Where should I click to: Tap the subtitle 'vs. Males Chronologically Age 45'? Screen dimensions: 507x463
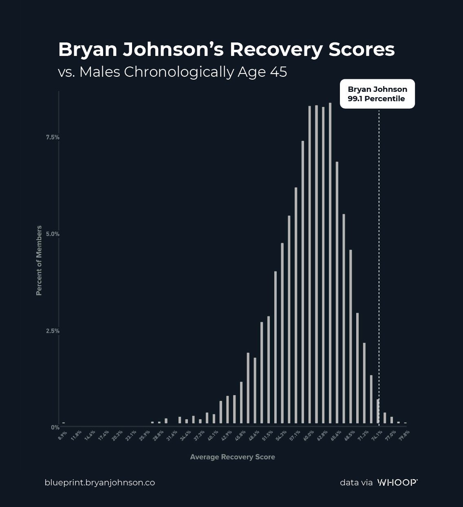[172, 72]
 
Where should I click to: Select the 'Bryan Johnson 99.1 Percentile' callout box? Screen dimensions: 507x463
[377, 94]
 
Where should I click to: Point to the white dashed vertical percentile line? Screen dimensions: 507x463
[379, 245]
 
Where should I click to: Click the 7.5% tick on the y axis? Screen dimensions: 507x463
[53, 137]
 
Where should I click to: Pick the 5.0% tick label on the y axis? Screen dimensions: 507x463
[53, 234]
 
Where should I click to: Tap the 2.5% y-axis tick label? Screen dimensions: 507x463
[53, 331]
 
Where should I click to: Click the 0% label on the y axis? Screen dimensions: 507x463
[55, 427]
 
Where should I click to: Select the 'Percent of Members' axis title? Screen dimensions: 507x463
[39, 260]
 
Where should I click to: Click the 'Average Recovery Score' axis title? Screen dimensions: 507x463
[232, 457]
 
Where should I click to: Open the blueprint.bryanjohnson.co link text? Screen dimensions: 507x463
[99, 483]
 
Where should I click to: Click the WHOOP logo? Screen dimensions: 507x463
[397, 483]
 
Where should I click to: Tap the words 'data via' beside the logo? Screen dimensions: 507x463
[356, 483]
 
